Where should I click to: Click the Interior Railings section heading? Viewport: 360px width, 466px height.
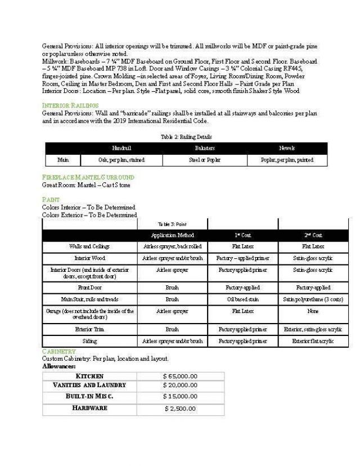point(70,105)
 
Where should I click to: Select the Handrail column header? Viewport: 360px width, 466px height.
point(121,148)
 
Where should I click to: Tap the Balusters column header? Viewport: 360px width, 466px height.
point(205,148)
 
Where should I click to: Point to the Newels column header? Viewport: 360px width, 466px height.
point(287,148)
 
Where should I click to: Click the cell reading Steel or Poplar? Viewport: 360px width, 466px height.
point(205,160)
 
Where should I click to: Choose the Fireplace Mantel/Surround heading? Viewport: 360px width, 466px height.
point(88,177)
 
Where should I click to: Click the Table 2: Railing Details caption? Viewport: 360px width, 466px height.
point(186,137)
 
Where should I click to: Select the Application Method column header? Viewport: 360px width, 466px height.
point(172,235)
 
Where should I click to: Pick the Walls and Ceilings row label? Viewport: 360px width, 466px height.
point(89,246)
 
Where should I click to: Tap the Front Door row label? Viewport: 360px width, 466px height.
point(89,287)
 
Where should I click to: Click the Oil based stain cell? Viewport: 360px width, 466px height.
point(242,299)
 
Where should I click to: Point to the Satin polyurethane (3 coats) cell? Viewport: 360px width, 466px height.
point(313,299)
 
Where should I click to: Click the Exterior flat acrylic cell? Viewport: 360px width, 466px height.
point(313,341)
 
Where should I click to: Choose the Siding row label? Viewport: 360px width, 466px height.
point(89,341)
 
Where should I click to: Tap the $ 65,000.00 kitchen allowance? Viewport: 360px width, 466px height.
point(180,376)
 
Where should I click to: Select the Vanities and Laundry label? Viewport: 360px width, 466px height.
point(89,386)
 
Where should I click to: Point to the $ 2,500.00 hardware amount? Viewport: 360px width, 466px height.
point(180,409)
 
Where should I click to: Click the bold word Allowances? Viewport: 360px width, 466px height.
point(59,366)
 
